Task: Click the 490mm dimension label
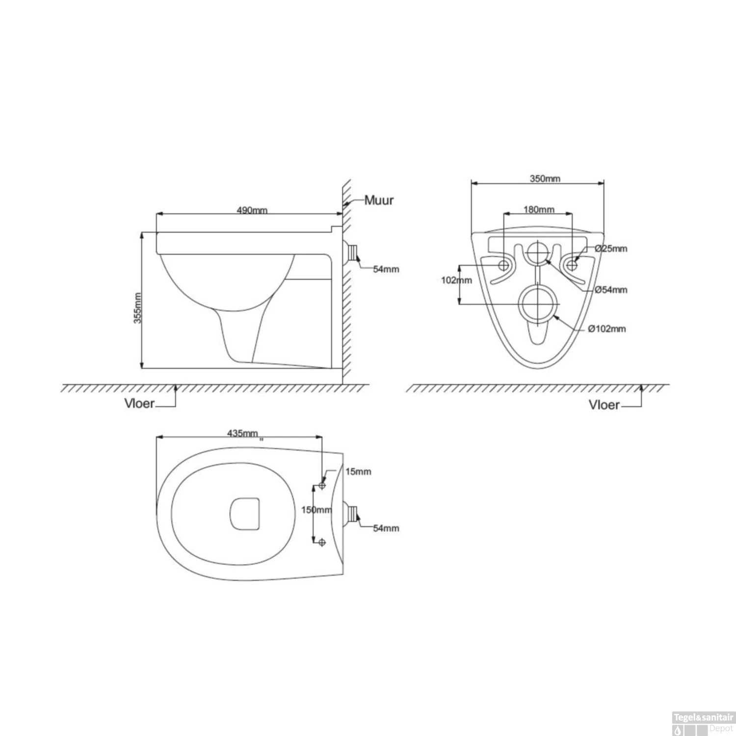tap(252, 210)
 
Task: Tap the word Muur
tap(378, 200)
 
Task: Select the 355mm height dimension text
tap(138, 308)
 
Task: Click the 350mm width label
tap(545, 179)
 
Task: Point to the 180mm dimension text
tap(539, 210)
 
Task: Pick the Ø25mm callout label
tap(611, 248)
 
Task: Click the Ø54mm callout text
tap(611, 289)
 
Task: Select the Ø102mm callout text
tap(607, 329)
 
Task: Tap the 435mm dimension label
tap(242, 433)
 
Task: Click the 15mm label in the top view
tap(358, 472)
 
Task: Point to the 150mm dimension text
tap(316, 510)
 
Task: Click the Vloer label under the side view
tap(139, 404)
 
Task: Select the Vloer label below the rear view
tap(604, 405)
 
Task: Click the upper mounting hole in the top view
tap(322, 486)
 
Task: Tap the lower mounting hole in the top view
tap(322, 542)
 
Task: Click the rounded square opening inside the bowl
tap(244, 514)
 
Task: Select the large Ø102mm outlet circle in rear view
tap(538, 304)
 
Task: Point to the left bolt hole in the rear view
tap(503, 265)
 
